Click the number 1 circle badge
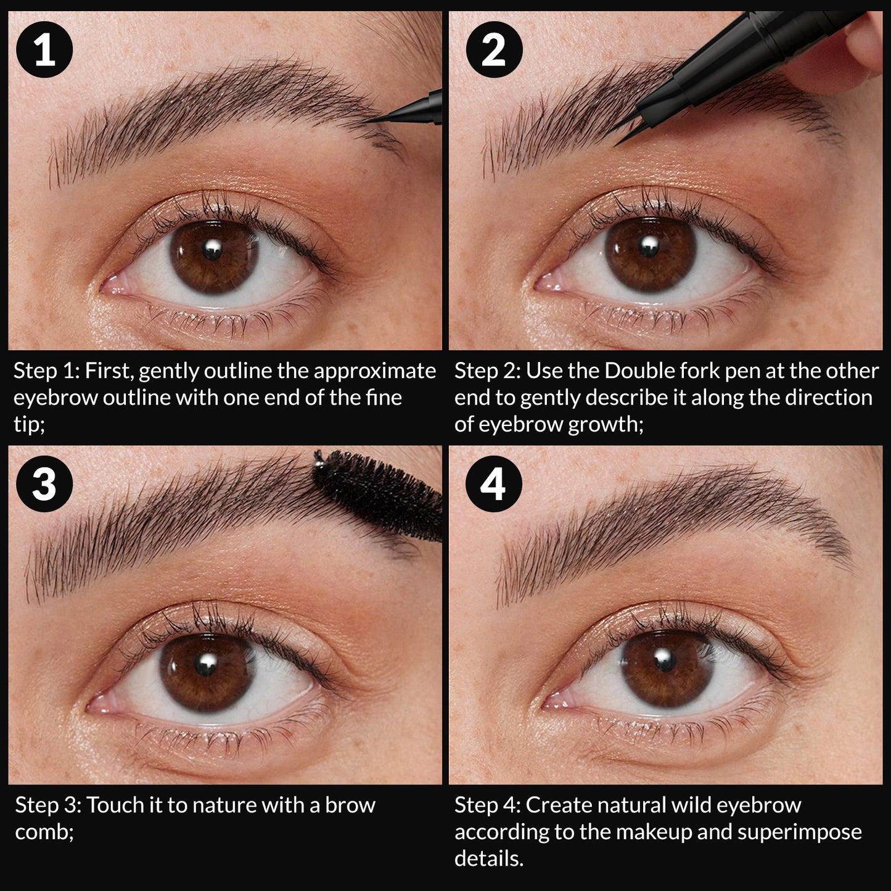coord(44,49)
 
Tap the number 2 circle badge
coord(493,49)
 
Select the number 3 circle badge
coord(44,483)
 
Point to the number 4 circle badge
coord(493,483)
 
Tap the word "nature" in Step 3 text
coord(216,805)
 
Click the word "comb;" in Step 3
coord(44,832)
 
